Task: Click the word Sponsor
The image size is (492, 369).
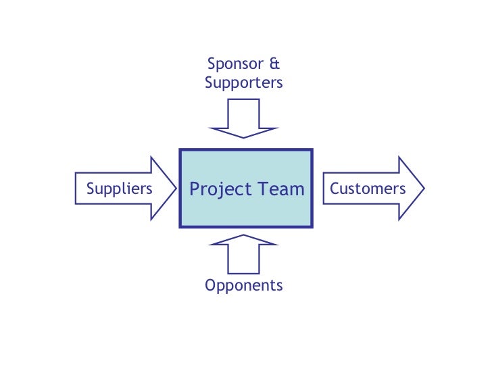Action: click(x=235, y=65)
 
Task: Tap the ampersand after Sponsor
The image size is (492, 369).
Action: click(x=274, y=65)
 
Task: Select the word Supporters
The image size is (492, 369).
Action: click(x=243, y=83)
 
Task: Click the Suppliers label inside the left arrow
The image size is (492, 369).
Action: click(x=120, y=189)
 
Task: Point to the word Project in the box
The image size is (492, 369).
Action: click(x=218, y=189)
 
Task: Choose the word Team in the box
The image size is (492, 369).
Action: click(x=280, y=189)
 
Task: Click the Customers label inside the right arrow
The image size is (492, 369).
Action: click(x=368, y=189)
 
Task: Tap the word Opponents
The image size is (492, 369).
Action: click(x=243, y=286)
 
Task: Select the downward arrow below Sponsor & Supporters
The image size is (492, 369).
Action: click(x=243, y=118)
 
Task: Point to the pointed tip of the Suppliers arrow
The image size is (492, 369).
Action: click(x=176, y=189)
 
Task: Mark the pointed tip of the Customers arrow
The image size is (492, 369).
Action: click(x=424, y=189)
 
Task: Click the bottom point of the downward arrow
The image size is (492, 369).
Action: click(x=243, y=137)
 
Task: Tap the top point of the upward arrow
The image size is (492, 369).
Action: click(x=243, y=235)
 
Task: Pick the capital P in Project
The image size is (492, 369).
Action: click(x=195, y=189)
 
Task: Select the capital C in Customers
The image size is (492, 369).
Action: click(x=334, y=189)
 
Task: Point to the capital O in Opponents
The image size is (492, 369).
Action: click(x=210, y=285)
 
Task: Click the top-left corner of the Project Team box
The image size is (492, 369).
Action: click(x=180, y=150)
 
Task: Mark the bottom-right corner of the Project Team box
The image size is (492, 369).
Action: click(x=312, y=226)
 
